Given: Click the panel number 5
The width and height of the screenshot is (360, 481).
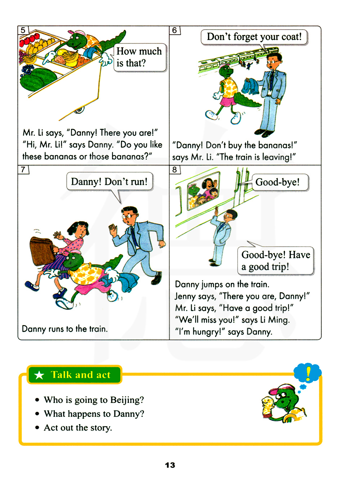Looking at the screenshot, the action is pos(23,30).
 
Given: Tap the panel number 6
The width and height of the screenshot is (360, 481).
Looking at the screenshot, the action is pos(174,30).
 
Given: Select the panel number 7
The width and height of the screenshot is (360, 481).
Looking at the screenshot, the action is pos(23,169).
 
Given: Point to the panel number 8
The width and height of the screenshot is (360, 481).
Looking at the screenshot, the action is pos(174,169).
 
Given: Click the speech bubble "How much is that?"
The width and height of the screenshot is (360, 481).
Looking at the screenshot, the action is pos(140,57).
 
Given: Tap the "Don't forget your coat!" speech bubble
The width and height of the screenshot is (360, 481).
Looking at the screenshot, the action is pos(254,37).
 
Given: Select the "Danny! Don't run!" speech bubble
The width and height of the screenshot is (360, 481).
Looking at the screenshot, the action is pos(109,182).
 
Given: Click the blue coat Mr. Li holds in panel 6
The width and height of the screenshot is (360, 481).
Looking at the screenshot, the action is pos(251,86).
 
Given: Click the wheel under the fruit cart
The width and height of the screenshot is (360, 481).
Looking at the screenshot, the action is pos(79,111).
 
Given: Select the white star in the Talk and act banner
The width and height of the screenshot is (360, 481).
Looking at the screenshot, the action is pos(39,375).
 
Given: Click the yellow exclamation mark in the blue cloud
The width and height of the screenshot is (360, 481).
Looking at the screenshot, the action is pos(308,373).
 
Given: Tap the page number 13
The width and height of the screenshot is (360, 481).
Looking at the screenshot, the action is pos(170,465).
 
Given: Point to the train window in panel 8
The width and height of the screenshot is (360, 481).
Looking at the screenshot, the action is pos(203,190).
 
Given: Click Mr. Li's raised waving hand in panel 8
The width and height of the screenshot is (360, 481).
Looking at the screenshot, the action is pos(216,211).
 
